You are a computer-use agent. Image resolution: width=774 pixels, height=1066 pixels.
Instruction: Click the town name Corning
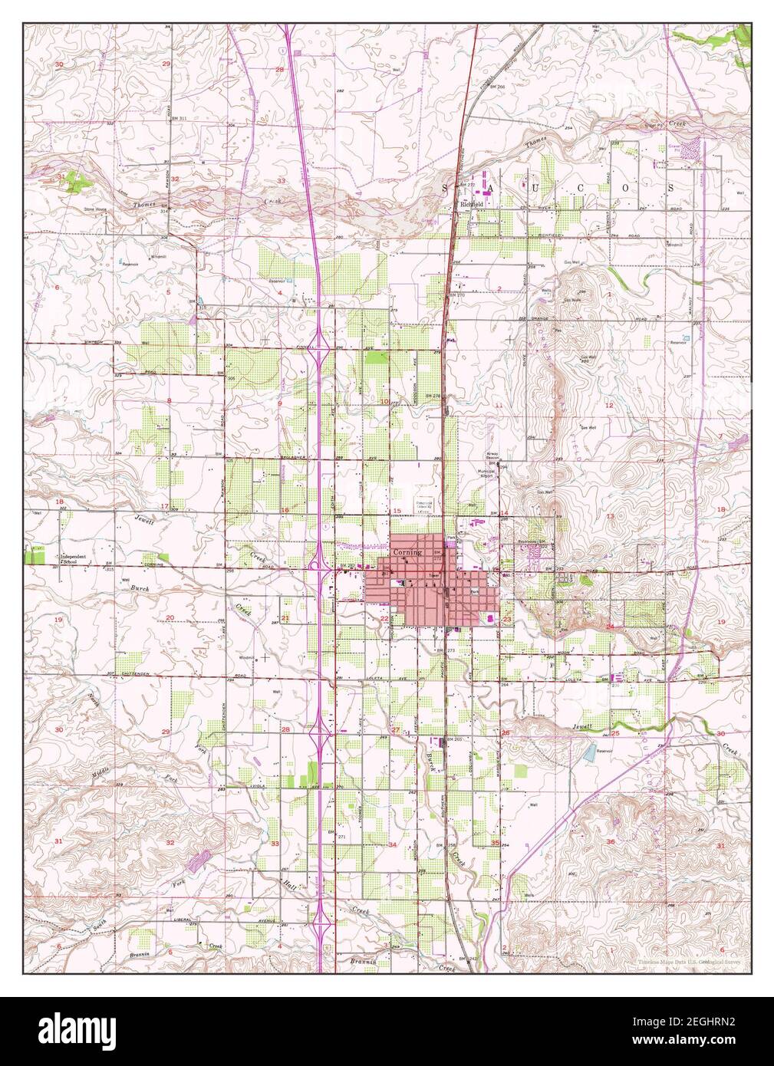tap(407, 552)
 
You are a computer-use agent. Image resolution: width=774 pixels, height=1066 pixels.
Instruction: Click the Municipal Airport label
tap(488, 472)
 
